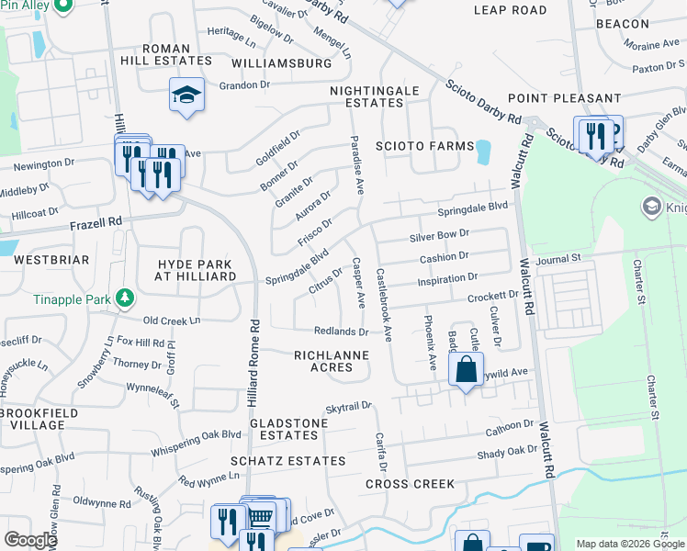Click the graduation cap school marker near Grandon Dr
click(x=186, y=95)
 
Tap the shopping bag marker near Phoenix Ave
click(x=466, y=370)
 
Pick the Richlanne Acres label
click(x=331, y=361)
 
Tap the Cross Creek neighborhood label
click(x=410, y=484)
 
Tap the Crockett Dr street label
click(x=492, y=296)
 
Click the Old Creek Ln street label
click(x=172, y=320)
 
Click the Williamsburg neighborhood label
click(x=281, y=63)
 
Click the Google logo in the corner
click(x=30, y=540)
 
